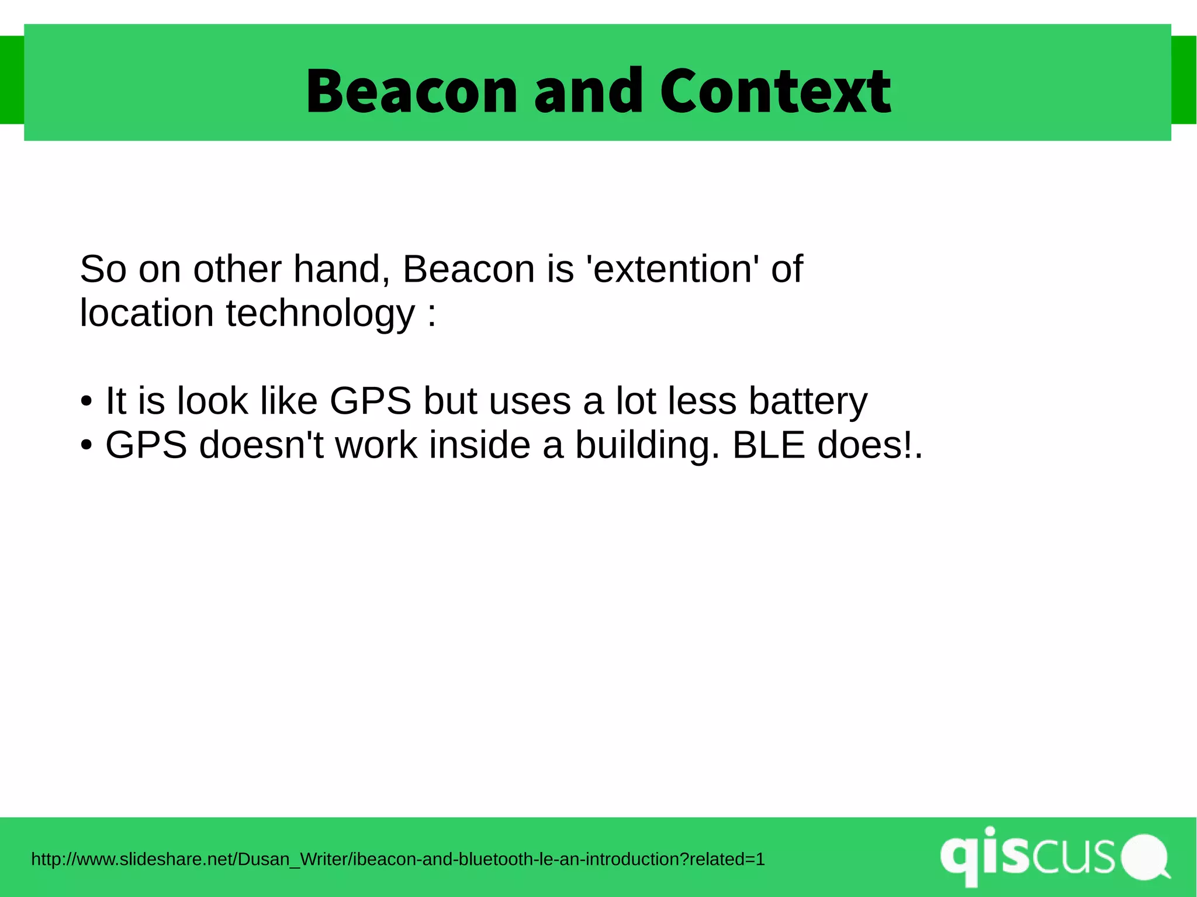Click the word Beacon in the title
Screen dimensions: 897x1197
click(411, 91)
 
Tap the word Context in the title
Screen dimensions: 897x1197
click(775, 91)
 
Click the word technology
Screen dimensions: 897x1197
click(320, 314)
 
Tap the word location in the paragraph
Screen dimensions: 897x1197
click(147, 314)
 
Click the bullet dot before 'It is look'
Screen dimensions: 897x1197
click(87, 402)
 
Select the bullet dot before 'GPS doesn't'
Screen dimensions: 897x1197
click(87, 446)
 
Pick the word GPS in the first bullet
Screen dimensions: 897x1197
click(371, 401)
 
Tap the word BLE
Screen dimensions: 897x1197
click(769, 445)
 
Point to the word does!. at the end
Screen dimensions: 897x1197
click(869, 445)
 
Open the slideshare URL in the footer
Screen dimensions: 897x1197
click(397, 859)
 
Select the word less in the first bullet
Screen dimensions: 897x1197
click(702, 401)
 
